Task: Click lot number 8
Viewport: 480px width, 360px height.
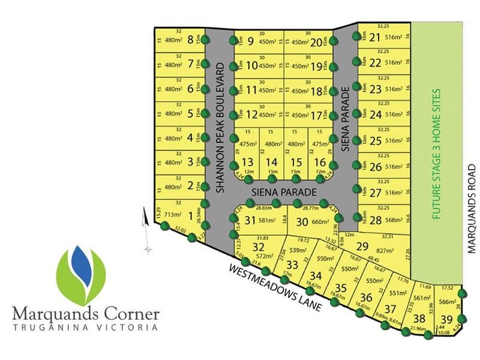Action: [191, 40]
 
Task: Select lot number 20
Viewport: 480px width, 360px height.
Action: [317, 42]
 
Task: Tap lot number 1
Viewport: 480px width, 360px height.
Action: [191, 215]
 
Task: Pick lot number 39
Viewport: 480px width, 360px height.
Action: [447, 319]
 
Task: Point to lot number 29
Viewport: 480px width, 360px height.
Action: [362, 247]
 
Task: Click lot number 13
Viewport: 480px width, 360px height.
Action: [247, 162]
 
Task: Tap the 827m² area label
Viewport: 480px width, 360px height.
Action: [385, 249]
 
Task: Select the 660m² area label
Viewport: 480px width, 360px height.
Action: [321, 222]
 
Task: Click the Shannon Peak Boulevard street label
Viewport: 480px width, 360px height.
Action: [220, 127]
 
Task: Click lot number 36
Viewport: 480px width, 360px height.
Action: [365, 298]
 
